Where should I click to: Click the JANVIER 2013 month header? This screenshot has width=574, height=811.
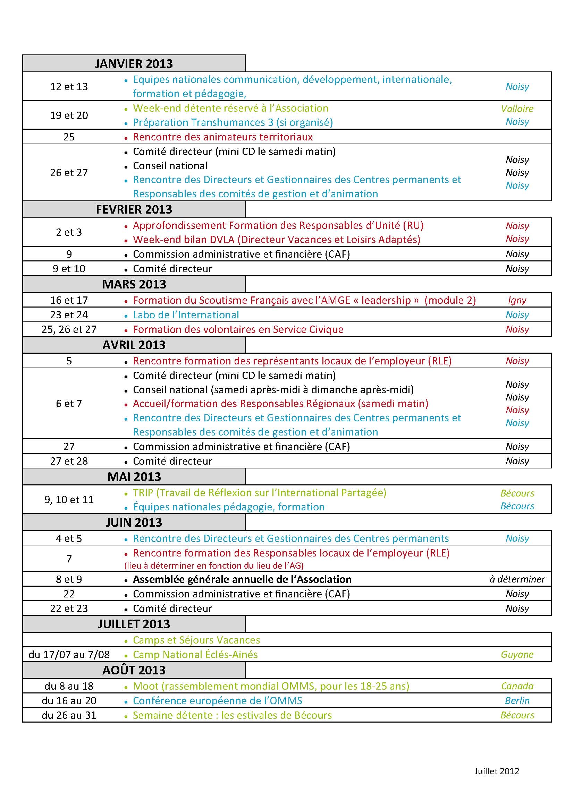(x=134, y=63)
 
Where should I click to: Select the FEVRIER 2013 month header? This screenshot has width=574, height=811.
(x=134, y=209)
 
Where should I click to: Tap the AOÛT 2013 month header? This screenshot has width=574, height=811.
(x=134, y=670)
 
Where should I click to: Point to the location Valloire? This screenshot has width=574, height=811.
(x=517, y=109)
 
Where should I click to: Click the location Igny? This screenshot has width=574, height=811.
(x=517, y=300)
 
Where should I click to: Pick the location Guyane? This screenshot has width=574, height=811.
(x=517, y=655)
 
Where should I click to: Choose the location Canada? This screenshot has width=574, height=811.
(x=517, y=686)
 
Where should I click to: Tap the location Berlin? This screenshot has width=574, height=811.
(x=517, y=700)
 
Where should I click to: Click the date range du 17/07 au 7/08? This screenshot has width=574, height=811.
(x=69, y=655)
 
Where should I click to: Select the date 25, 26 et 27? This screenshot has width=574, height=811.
(x=69, y=329)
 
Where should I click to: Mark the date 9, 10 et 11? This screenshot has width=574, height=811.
(x=69, y=499)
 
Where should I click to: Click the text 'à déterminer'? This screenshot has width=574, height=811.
(x=517, y=579)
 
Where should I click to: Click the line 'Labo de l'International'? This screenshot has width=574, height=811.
(x=186, y=315)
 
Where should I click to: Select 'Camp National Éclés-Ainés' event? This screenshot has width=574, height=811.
(x=195, y=655)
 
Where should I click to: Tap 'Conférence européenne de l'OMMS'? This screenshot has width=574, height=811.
(x=217, y=700)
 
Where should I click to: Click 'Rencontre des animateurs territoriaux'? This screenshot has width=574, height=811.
(x=223, y=137)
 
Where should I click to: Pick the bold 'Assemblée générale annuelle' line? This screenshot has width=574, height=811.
(x=242, y=579)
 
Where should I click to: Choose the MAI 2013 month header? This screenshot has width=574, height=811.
(x=134, y=476)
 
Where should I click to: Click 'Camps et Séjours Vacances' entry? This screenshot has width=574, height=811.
(x=196, y=640)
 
